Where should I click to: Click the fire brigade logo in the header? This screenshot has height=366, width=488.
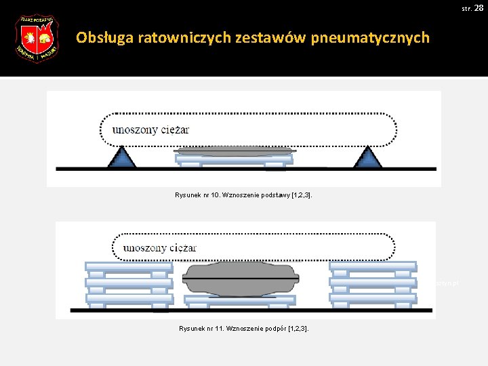(37, 39)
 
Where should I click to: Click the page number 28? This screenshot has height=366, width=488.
(479, 7)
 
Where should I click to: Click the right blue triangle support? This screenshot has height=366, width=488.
(368, 157)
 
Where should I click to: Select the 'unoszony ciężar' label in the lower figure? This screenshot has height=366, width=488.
(159, 247)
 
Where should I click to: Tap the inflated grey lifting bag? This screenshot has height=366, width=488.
(241, 278)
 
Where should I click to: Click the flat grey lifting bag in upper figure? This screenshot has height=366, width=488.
(234, 150)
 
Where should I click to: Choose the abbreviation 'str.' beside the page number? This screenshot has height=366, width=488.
(466, 8)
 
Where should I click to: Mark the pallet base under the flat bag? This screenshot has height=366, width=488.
(234, 160)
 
